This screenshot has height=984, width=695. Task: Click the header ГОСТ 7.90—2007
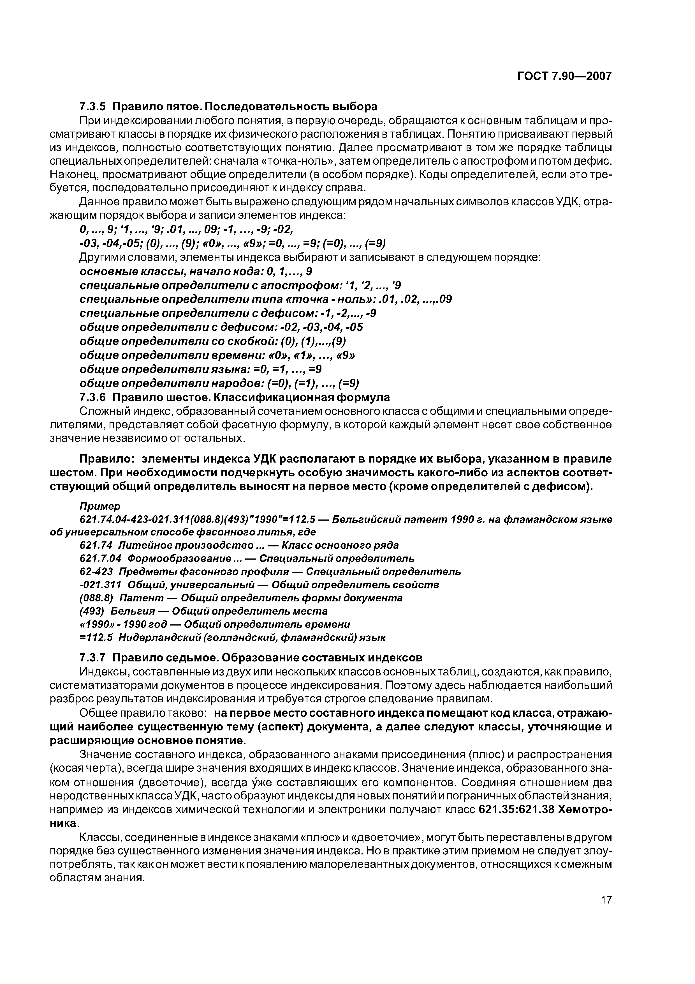[x=564, y=76]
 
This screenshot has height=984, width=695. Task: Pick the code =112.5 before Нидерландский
[x=96, y=637]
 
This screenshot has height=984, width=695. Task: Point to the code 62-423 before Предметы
[x=96, y=572]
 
